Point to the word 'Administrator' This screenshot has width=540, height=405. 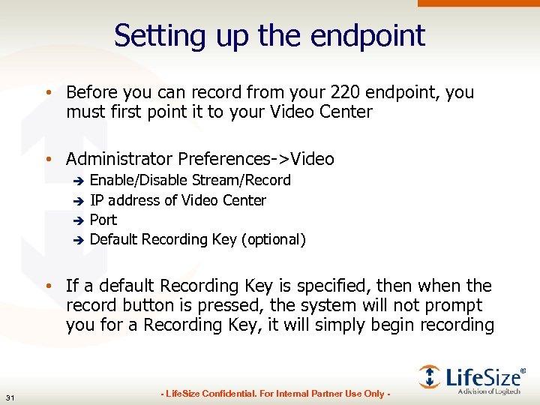tap(119, 158)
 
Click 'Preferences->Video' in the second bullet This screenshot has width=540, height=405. tap(256, 158)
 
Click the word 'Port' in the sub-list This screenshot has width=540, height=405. tap(103, 220)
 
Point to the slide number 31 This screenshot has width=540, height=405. tap(10, 397)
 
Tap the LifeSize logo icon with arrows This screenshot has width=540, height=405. tap(430, 376)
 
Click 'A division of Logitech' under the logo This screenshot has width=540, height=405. tap(489, 390)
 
